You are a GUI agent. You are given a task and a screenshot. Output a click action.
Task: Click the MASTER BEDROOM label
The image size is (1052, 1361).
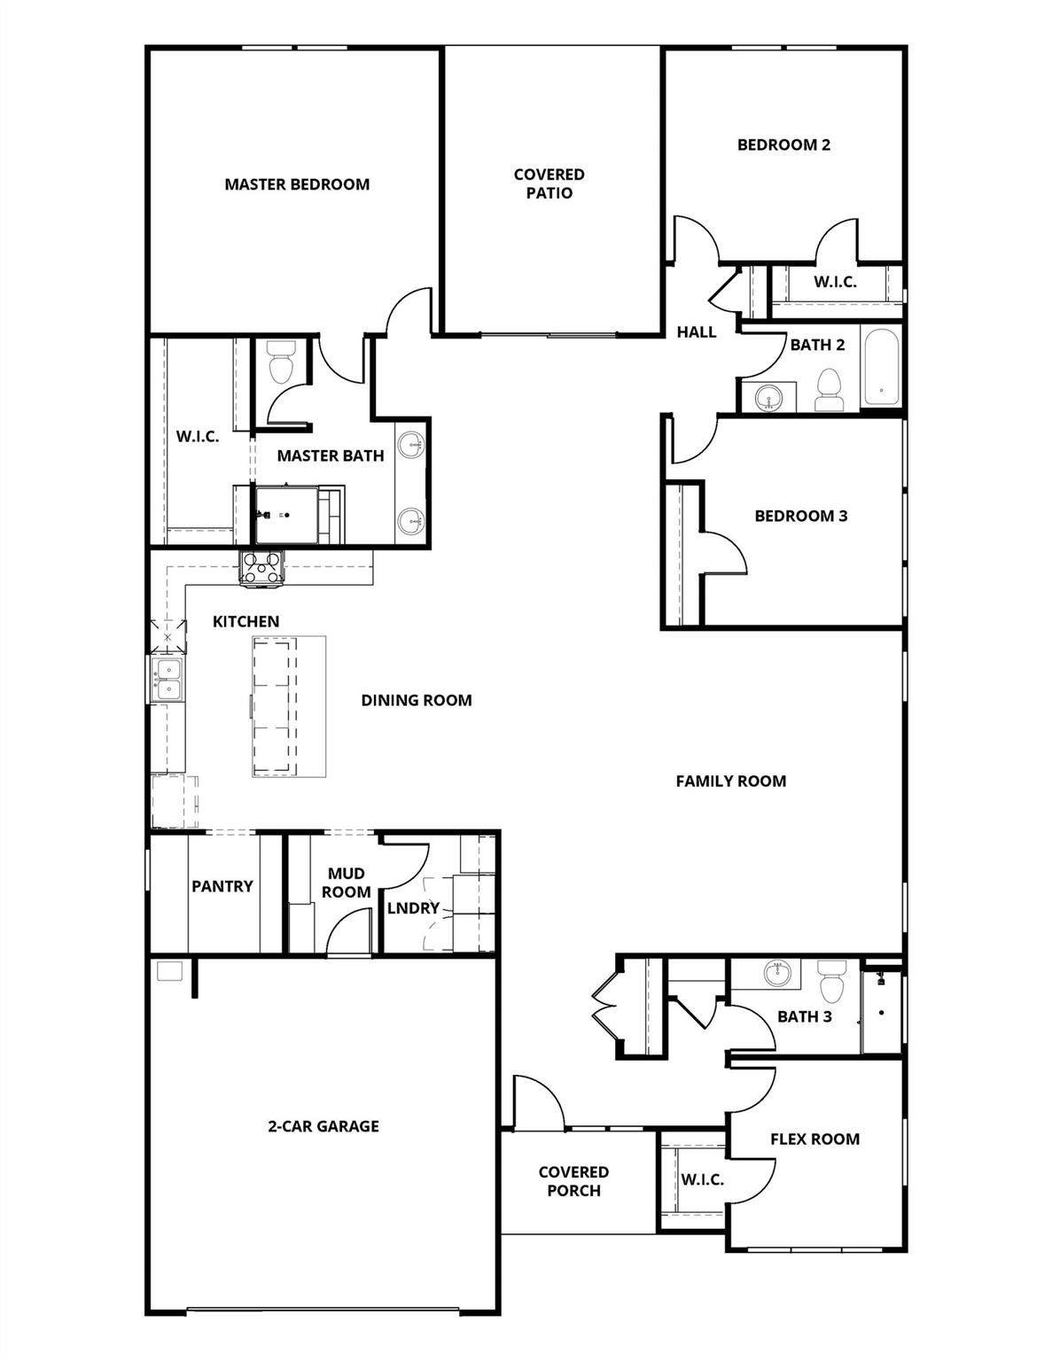click(x=297, y=184)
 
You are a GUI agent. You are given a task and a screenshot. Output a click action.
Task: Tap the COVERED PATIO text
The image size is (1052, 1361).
click(x=549, y=184)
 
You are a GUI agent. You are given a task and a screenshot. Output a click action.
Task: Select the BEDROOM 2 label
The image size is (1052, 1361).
click(x=783, y=144)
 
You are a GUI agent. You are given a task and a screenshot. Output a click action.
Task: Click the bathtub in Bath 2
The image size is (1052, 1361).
click(x=880, y=367)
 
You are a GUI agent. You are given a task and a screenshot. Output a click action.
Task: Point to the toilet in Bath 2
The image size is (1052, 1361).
click(x=829, y=390)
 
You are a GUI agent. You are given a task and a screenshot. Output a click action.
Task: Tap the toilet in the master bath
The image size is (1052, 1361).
click(x=280, y=362)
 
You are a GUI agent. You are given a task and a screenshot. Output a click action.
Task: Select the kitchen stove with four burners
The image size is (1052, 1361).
click(x=261, y=568)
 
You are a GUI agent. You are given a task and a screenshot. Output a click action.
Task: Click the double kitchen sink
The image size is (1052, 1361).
click(x=167, y=679)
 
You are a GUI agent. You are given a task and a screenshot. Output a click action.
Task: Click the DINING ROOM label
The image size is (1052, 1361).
click(x=416, y=700)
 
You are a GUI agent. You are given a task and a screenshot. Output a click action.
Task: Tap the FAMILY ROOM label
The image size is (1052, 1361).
click(x=730, y=781)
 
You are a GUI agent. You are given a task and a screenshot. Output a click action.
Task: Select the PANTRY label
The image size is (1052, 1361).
click(x=222, y=886)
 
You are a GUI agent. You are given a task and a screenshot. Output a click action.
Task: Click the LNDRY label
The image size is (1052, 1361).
click(x=413, y=908)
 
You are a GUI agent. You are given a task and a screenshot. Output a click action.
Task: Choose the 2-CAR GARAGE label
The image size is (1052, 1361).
click(x=323, y=1126)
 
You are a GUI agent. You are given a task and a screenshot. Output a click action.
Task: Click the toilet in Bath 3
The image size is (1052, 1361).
click(x=831, y=980)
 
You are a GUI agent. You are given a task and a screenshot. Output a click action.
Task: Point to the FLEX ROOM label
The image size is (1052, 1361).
click(x=814, y=1139)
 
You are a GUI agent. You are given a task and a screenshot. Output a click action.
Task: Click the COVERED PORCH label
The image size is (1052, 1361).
click(x=573, y=1181)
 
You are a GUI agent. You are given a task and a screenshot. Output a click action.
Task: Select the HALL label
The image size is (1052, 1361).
click(x=697, y=332)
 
